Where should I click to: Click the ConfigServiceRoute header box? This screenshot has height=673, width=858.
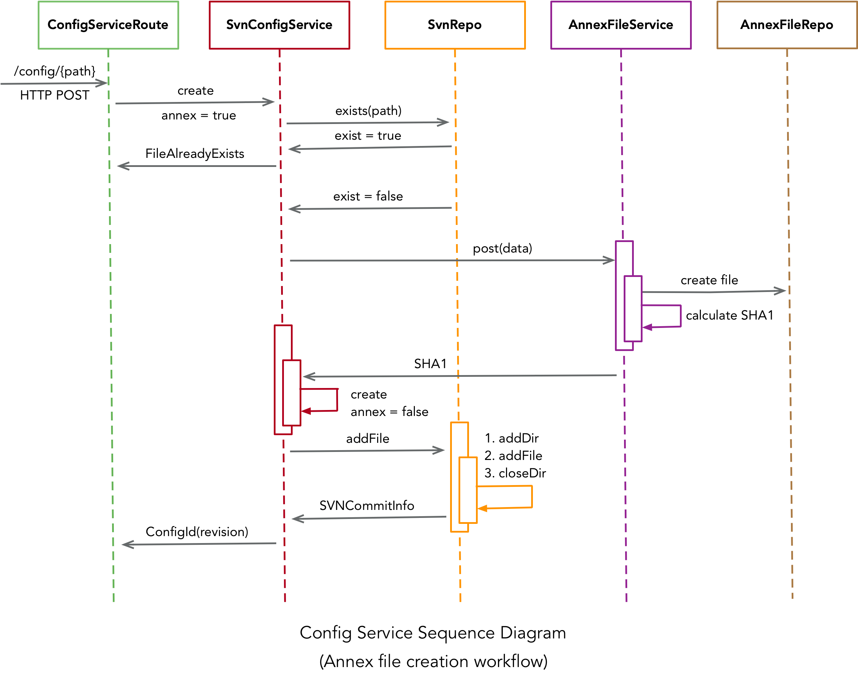[108, 25]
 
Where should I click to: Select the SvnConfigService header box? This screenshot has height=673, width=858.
[279, 25]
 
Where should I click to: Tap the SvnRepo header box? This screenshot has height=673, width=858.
[455, 25]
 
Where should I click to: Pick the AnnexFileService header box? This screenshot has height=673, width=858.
[621, 25]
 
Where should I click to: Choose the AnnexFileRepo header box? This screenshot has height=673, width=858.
[786, 25]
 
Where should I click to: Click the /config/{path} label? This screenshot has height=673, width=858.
[55, 71]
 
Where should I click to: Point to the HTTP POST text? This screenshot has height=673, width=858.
[55, 95]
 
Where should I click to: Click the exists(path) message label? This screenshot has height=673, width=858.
[368, 111]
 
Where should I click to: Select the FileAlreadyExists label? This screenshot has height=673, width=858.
[195, 154]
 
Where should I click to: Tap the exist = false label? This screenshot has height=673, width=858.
[368, 196]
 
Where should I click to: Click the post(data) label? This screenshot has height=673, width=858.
[502, 249]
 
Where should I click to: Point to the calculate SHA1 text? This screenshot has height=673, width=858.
[729, 315]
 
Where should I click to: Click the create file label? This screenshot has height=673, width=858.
[709, 280]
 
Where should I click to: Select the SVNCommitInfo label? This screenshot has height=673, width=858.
[366, 506]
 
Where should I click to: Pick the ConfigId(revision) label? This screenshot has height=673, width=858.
[197, 532]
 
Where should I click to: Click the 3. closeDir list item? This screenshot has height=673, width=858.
[515, 473]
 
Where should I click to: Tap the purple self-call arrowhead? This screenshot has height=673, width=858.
[647, 327]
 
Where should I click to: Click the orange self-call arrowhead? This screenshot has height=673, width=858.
[482, 508]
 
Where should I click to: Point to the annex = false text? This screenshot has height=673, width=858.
[389, 412]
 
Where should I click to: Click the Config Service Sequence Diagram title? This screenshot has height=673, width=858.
[433, 632]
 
